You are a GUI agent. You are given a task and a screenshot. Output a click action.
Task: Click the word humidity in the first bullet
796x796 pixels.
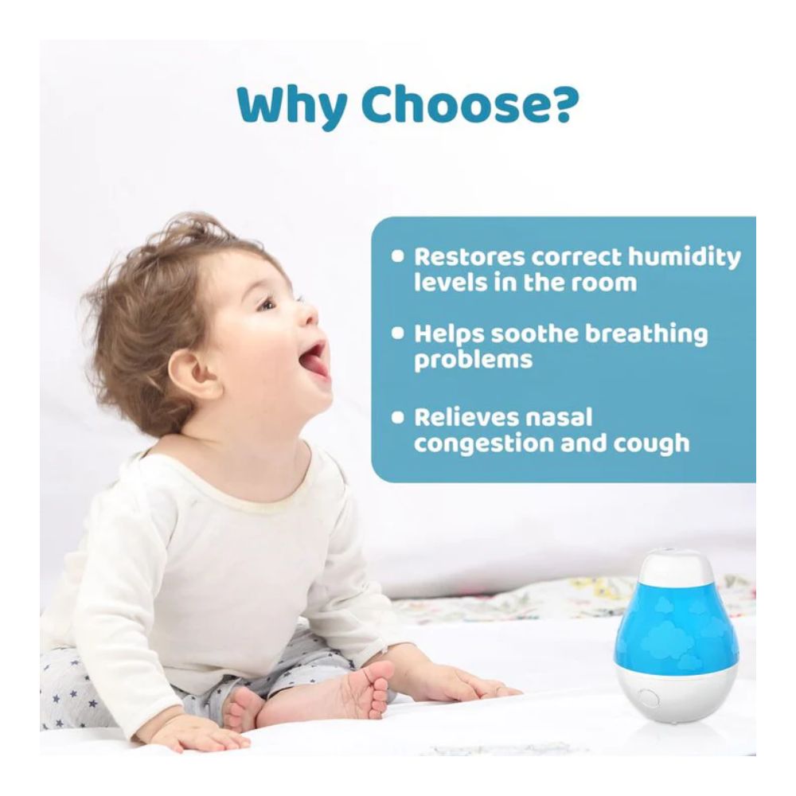pyautogui.click(x=685, y=258)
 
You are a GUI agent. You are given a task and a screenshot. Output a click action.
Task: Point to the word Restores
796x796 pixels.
pyautogui.click(x=470, y=257)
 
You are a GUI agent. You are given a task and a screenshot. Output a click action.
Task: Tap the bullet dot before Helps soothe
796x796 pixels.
pyautogui.click(x=398, y=334)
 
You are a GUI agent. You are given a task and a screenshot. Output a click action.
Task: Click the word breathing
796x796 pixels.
pyautogui.click(x=646, y=334)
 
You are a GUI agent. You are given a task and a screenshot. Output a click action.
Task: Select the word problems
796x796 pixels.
pyautogui.click(x=473, y=360)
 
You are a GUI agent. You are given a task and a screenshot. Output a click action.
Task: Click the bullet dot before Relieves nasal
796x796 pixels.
pyautogui.click(x=398, y=417)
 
